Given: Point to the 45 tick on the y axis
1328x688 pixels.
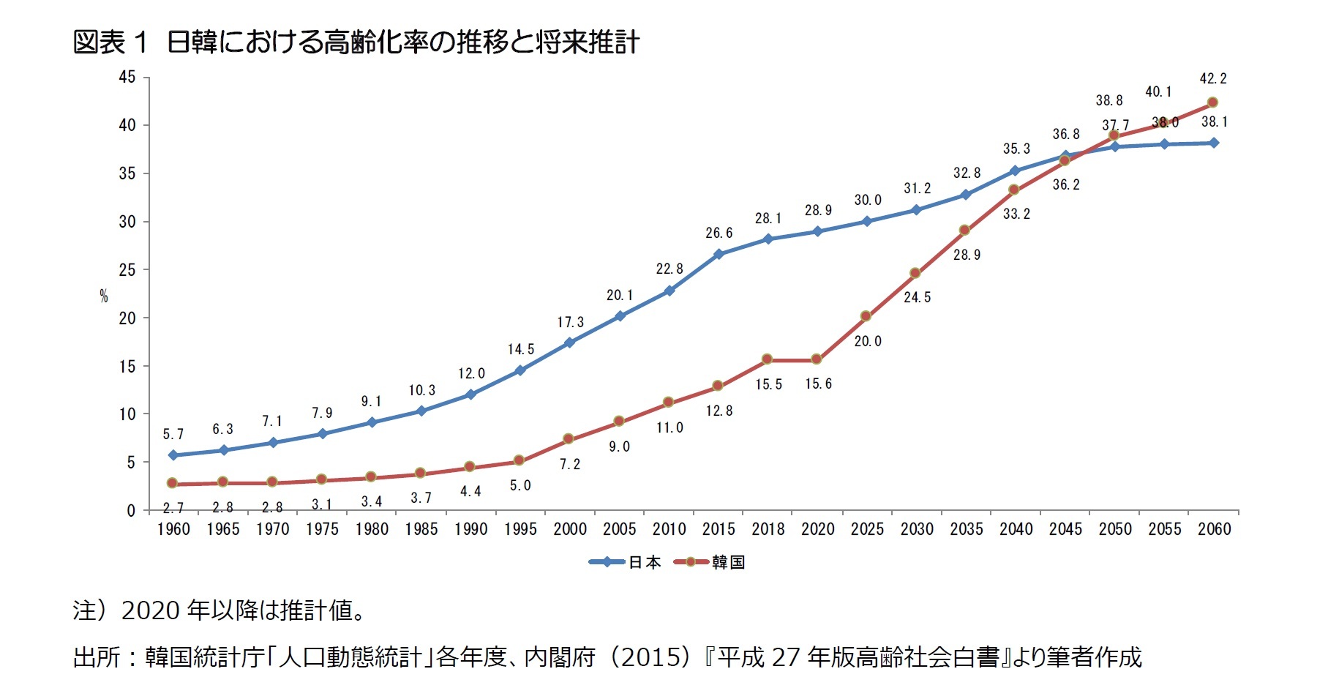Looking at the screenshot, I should coord(127,77).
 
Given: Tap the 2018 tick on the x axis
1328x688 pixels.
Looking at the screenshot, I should coord(768,528).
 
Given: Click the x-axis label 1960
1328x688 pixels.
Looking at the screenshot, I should coord(173,528).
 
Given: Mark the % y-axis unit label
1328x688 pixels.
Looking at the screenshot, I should coord(104,296).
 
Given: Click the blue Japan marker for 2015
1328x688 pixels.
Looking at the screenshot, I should coord(719,254).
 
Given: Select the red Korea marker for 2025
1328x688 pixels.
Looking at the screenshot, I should coord(866,316).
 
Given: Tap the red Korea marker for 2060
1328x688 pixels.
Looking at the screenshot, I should coord(1212,102).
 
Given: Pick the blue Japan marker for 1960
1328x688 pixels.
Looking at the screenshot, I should coord(173,455).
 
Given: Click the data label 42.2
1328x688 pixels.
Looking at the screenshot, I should coord(1213,78).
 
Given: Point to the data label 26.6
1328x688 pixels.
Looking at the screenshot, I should coord(719,233).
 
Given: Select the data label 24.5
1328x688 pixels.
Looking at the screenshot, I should coord(917,297).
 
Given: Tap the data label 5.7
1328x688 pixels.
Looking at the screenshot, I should coord(173,434).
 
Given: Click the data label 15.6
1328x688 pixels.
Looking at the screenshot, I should coord(818,384).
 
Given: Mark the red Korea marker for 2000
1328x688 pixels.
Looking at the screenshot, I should coord(569,439).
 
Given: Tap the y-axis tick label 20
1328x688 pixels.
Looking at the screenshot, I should coord(127,318).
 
